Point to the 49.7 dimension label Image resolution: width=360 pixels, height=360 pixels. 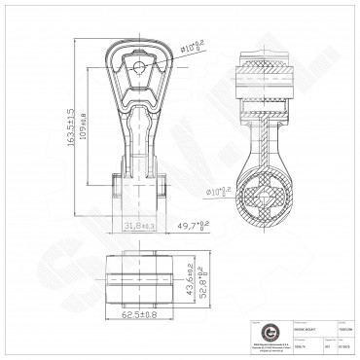tap(192, 226)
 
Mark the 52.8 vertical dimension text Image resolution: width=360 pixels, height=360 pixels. tap(200, 276)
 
